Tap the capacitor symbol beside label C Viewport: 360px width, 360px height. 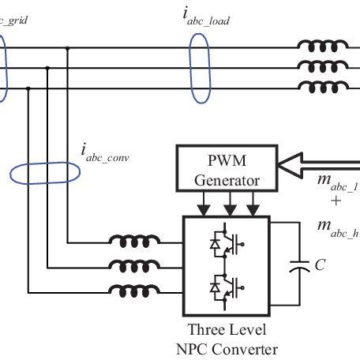click(299, 264)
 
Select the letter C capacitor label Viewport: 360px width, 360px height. click(320, 265)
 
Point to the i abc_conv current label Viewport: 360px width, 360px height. click(104, 152)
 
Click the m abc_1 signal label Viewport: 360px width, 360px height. click(336, 185)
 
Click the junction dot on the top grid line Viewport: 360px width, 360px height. click(68, 49)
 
